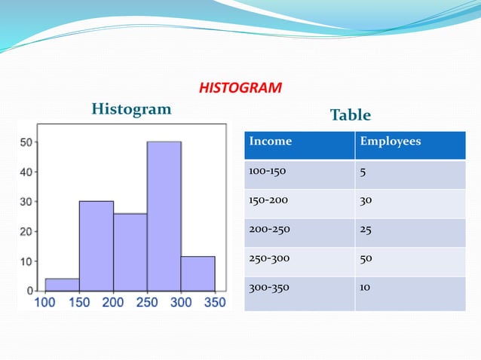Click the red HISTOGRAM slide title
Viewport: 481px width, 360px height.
point(240,89)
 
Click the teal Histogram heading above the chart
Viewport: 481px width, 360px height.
point(131,109)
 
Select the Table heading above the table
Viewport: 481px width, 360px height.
point(351,115)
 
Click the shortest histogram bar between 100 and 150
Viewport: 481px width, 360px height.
point(62,285)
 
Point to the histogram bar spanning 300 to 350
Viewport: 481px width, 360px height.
point(198,273)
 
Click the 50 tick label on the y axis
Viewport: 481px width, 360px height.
point(26,142)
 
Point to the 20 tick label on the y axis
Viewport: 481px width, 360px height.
point(26,231)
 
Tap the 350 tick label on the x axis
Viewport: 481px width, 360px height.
point(215,303)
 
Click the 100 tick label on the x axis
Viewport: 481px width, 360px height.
point(46,303)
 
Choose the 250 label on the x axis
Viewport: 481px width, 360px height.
point(147,303)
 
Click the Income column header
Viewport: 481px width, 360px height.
point(270,141)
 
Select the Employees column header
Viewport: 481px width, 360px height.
point(391,141)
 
